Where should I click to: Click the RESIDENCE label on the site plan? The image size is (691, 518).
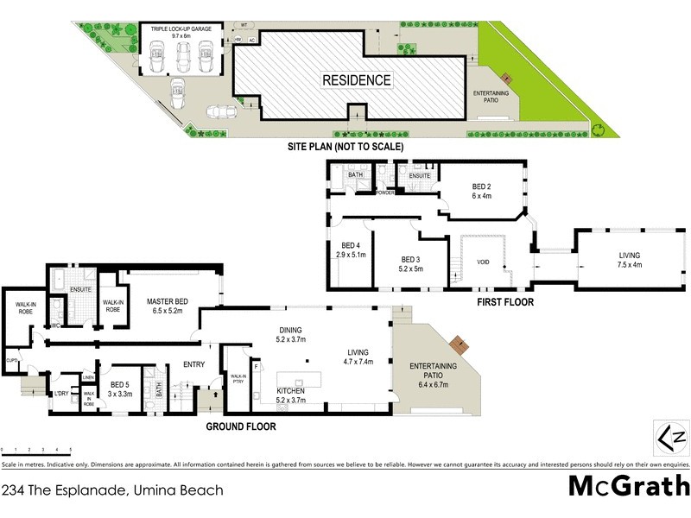357,80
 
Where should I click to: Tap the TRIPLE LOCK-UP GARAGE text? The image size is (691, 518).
181,31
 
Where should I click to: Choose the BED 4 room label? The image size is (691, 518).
351,250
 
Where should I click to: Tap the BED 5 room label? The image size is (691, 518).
123,389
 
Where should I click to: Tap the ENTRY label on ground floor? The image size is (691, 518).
194,364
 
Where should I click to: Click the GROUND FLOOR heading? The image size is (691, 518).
241,426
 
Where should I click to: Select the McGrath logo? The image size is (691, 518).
628,486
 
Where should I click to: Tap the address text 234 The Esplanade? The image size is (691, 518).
112,490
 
